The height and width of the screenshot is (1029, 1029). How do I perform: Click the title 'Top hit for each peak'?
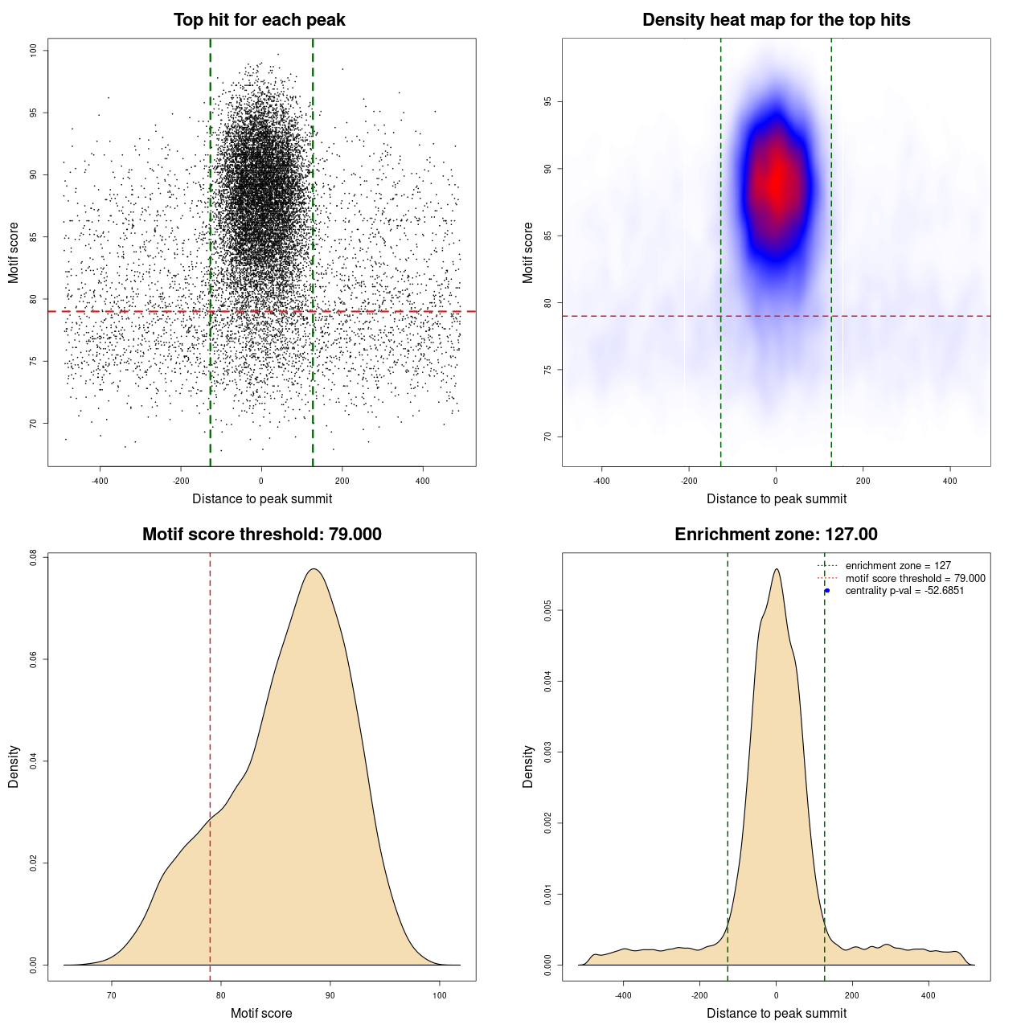click(x=259, y=20)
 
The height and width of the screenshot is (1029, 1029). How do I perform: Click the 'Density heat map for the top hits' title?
click(x=776, y=20)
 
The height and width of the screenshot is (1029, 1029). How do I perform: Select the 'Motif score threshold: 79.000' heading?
click(x=261, y=535)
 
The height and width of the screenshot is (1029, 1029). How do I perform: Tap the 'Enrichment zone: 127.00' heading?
click(x=776, y=535)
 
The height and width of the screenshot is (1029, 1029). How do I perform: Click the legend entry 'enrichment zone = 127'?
click(x=897, y=566)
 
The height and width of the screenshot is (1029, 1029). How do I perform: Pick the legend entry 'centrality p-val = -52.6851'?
click(x=904, y=591)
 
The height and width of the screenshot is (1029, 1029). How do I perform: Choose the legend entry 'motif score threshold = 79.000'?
click(x=915, y=578)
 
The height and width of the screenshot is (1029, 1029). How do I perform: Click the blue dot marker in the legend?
click(x=826, y=591)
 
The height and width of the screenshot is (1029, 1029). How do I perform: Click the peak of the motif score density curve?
click(x=314, y=569)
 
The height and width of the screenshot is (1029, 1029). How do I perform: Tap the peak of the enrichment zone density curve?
click(x=777, y=569)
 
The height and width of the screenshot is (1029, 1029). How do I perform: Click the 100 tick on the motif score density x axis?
click(x=439, y=995)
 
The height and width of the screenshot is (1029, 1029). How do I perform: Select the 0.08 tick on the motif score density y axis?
click(x=33, y=557)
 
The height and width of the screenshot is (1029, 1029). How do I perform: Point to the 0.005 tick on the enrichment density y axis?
click(x=547, y=611)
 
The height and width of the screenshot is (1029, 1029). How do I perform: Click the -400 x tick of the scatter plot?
click(x=100, y=481)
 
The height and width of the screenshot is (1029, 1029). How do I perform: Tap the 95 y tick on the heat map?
click(x=547, y=102)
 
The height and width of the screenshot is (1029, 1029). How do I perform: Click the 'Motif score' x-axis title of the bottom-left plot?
click(x=261, y=1013)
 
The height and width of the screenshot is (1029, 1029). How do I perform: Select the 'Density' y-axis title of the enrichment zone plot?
click(x=528, y=766)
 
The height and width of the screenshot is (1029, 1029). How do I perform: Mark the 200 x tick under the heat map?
click(x=863, y=481)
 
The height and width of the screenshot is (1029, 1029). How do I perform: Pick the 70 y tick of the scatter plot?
click(x=33, y=423)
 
